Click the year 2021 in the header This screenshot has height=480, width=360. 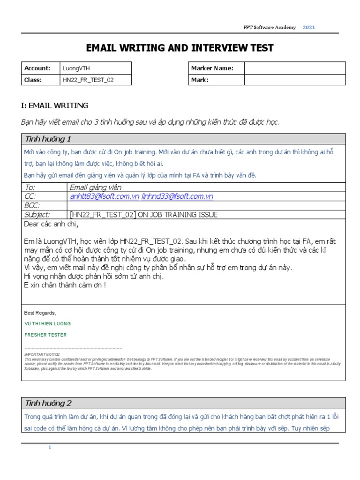pos(308,28)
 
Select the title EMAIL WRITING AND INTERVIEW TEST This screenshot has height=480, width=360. pos(180,48)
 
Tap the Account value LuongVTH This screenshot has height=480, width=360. pos(75,68)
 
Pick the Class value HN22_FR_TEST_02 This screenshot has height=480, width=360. pos(88,80)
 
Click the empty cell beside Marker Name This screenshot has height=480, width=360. pos(294,68)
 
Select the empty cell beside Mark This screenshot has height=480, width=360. pos(294,80)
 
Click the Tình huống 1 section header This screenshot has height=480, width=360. pos(48,139)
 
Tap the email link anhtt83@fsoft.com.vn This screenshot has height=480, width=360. pos(105,196)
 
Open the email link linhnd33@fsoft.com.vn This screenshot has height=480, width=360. pos(177,196)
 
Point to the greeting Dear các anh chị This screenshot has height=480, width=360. pos(52,224)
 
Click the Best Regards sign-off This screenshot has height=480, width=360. pos(40,313)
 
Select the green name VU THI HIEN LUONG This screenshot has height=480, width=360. pos(48,324)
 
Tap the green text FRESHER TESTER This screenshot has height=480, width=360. pos(45,335)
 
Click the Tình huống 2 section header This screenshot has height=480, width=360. pos(48,403)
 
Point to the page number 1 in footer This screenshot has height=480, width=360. pos(50,447)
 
